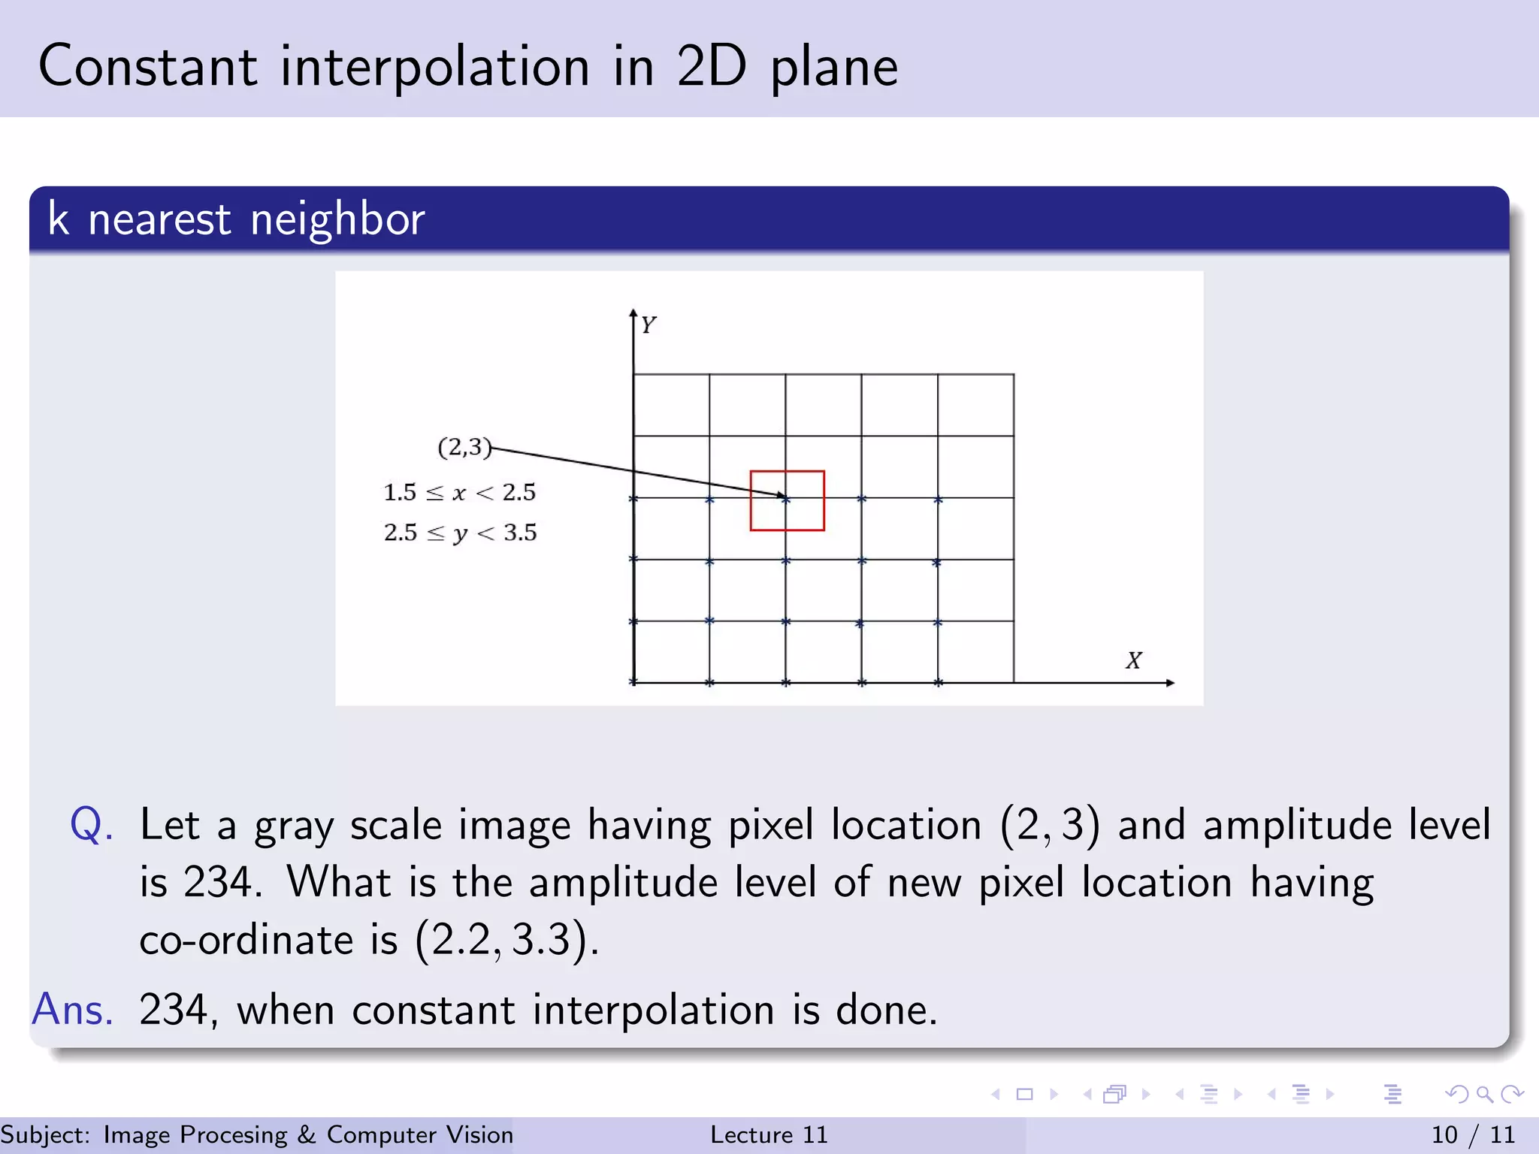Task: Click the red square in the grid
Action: [787, 500]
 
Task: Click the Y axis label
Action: [649, 325]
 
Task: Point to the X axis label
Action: [1133, 660]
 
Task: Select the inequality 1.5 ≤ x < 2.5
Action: [459, 493]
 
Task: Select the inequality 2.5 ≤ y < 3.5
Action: [460, 533]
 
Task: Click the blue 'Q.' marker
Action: [92, 824]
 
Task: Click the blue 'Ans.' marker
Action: [73, 1009]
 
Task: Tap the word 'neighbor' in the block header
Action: [337, 219]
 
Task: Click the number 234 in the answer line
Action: [174, 1009]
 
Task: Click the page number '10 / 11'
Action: [1473, 1134]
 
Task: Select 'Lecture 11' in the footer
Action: [769, 1134]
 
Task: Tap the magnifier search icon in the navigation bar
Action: [1484, 1094]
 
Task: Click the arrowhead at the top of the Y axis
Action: [633, 313]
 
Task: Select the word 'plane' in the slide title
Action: [834, 68]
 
